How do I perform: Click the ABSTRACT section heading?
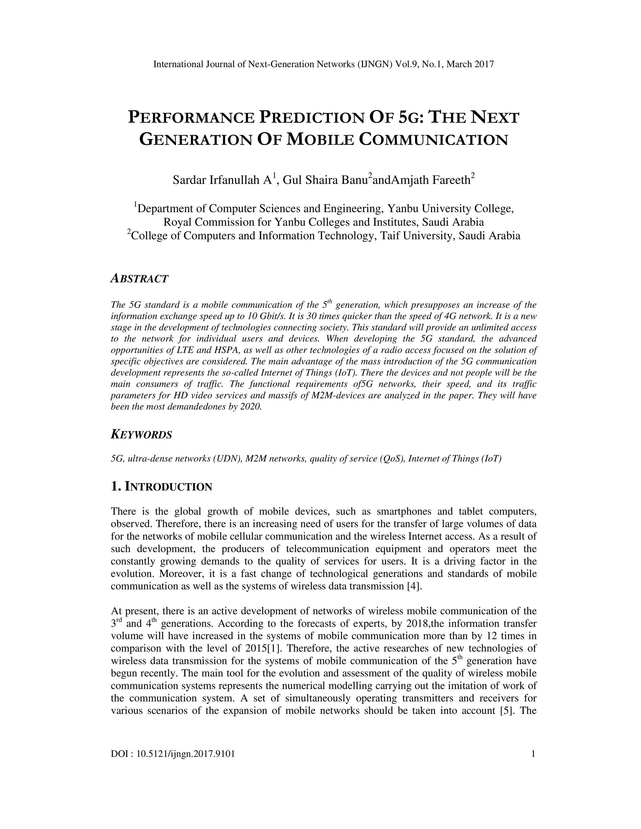click(139, 279)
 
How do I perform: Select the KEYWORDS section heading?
click(141, 435)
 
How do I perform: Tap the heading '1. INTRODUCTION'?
click(162, 487)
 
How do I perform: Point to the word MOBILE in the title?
click(319, 140)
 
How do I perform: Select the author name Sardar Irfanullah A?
click(222, 180)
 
